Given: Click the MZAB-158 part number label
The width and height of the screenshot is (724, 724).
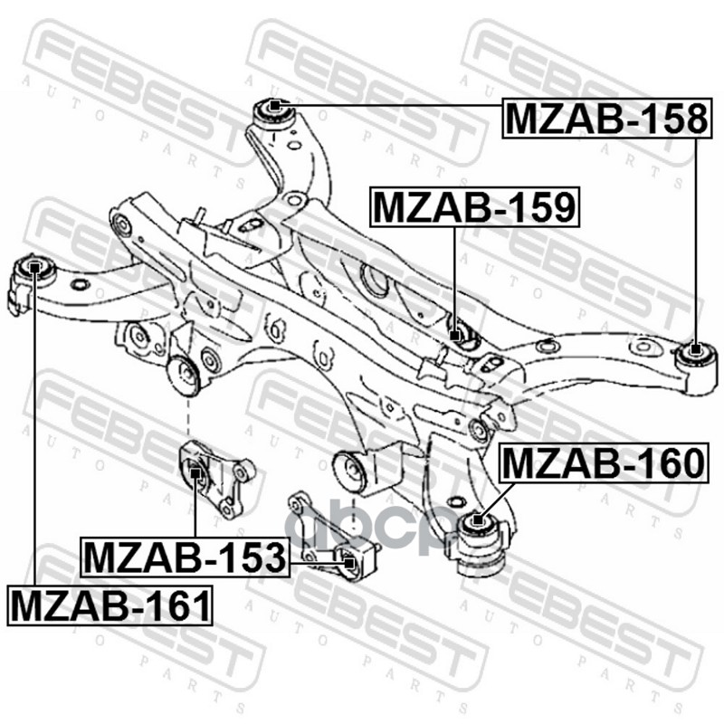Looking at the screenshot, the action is (x=605, y=118).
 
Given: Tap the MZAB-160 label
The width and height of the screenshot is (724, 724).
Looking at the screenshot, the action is (x=602, y=463).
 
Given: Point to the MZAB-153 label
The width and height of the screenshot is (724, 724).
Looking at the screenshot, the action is (x=184, y=557).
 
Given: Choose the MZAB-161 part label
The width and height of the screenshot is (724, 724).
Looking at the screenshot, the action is (x=110, y=604).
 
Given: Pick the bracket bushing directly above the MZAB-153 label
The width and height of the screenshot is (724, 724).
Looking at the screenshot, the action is (x=195, y=471).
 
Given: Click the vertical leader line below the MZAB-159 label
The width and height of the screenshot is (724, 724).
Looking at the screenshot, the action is (x=455, y=271).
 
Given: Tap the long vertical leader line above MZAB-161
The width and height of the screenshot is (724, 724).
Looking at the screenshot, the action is (x=33, y=434).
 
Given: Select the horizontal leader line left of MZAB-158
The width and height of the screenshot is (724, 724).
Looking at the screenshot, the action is (x=389, y=107).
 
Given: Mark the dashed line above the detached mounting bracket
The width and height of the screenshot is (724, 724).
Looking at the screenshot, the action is (x=187, y=418).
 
